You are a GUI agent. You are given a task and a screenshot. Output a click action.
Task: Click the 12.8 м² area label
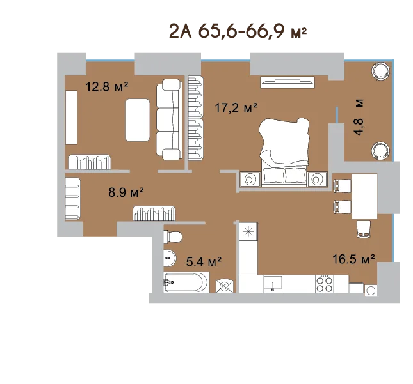click(107, 86)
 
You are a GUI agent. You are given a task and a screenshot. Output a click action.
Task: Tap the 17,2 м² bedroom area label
click(236, 107)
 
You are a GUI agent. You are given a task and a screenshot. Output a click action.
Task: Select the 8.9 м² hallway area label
click(126, 192)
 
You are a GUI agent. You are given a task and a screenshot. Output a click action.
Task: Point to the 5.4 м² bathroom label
click(204, 261)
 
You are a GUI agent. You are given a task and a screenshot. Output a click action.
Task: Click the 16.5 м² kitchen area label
click(353, 259)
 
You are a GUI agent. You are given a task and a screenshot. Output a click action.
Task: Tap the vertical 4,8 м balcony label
click(359, 117)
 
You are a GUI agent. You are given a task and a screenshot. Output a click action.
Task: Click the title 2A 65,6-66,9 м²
click(238, 31)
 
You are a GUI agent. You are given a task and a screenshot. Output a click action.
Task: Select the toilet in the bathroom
click(173, 236)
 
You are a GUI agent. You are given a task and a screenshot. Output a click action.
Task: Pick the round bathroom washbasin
click(170, 258)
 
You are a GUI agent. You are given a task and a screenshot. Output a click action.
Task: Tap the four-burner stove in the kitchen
click(324, 284)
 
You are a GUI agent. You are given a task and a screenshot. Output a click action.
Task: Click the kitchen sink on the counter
click(273, 284)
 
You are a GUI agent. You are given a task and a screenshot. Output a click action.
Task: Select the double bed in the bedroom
click(284, 152)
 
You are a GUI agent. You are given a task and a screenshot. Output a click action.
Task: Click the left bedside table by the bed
click(250, 180)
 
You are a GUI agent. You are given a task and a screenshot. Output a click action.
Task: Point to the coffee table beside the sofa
click(138, 120)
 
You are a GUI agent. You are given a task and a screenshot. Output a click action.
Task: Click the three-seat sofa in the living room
click(169, 119)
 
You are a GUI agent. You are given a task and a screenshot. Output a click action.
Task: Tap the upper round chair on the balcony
click(380, 71)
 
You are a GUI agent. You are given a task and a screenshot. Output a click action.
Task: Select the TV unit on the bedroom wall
click(287, 82)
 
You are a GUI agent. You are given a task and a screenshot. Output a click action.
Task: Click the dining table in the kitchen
click(364, 196)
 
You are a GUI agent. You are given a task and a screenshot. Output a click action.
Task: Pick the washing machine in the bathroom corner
click(225, 286)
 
